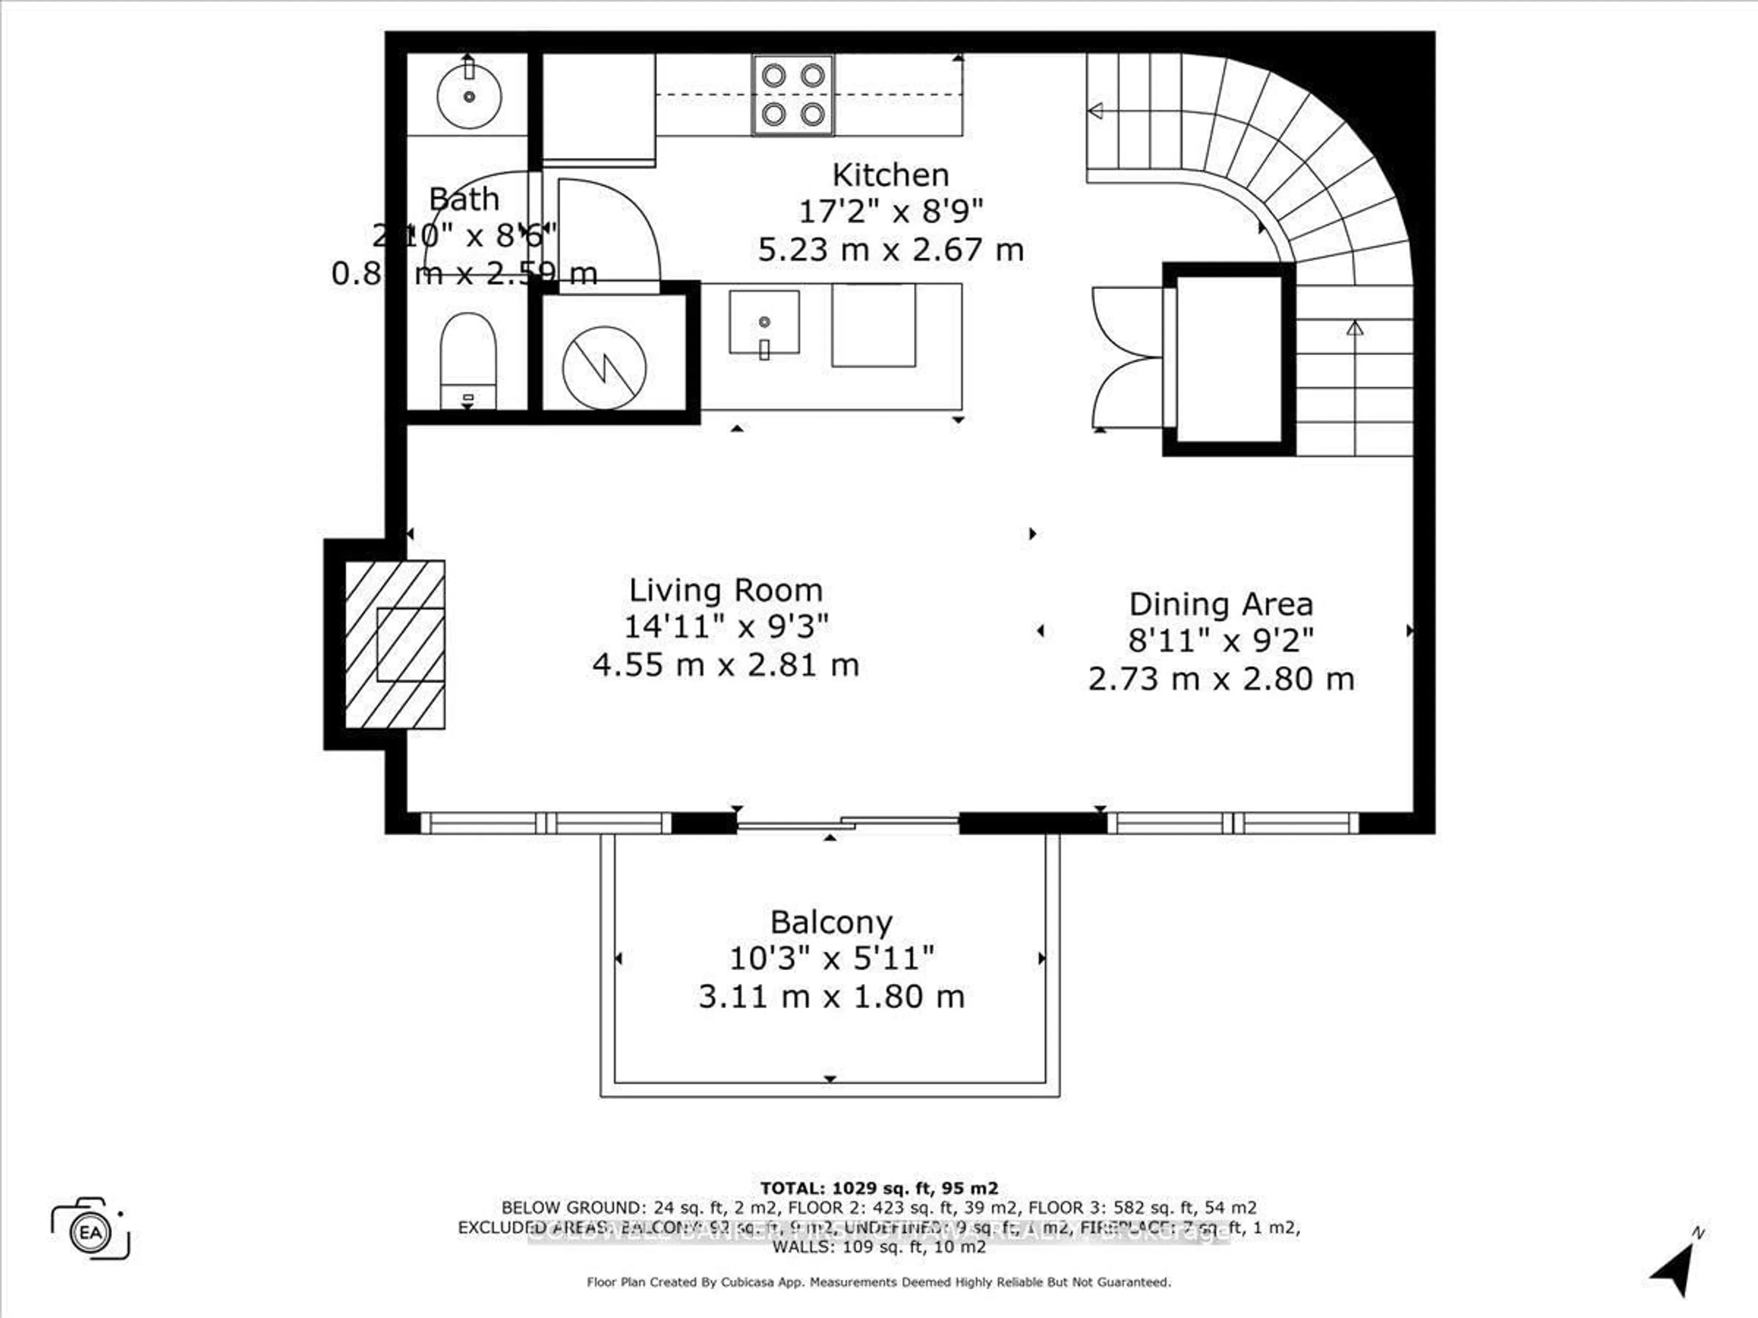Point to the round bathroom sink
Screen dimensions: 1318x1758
tap(469, 96)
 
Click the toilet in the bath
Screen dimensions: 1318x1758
tap(468, 359)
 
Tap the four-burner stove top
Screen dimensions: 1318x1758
tap(792, 95)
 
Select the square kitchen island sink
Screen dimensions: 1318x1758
tap(764, 322)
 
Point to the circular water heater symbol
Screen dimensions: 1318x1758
tap(604, 368)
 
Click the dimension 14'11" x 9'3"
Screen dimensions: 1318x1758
tap(725, 627)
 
